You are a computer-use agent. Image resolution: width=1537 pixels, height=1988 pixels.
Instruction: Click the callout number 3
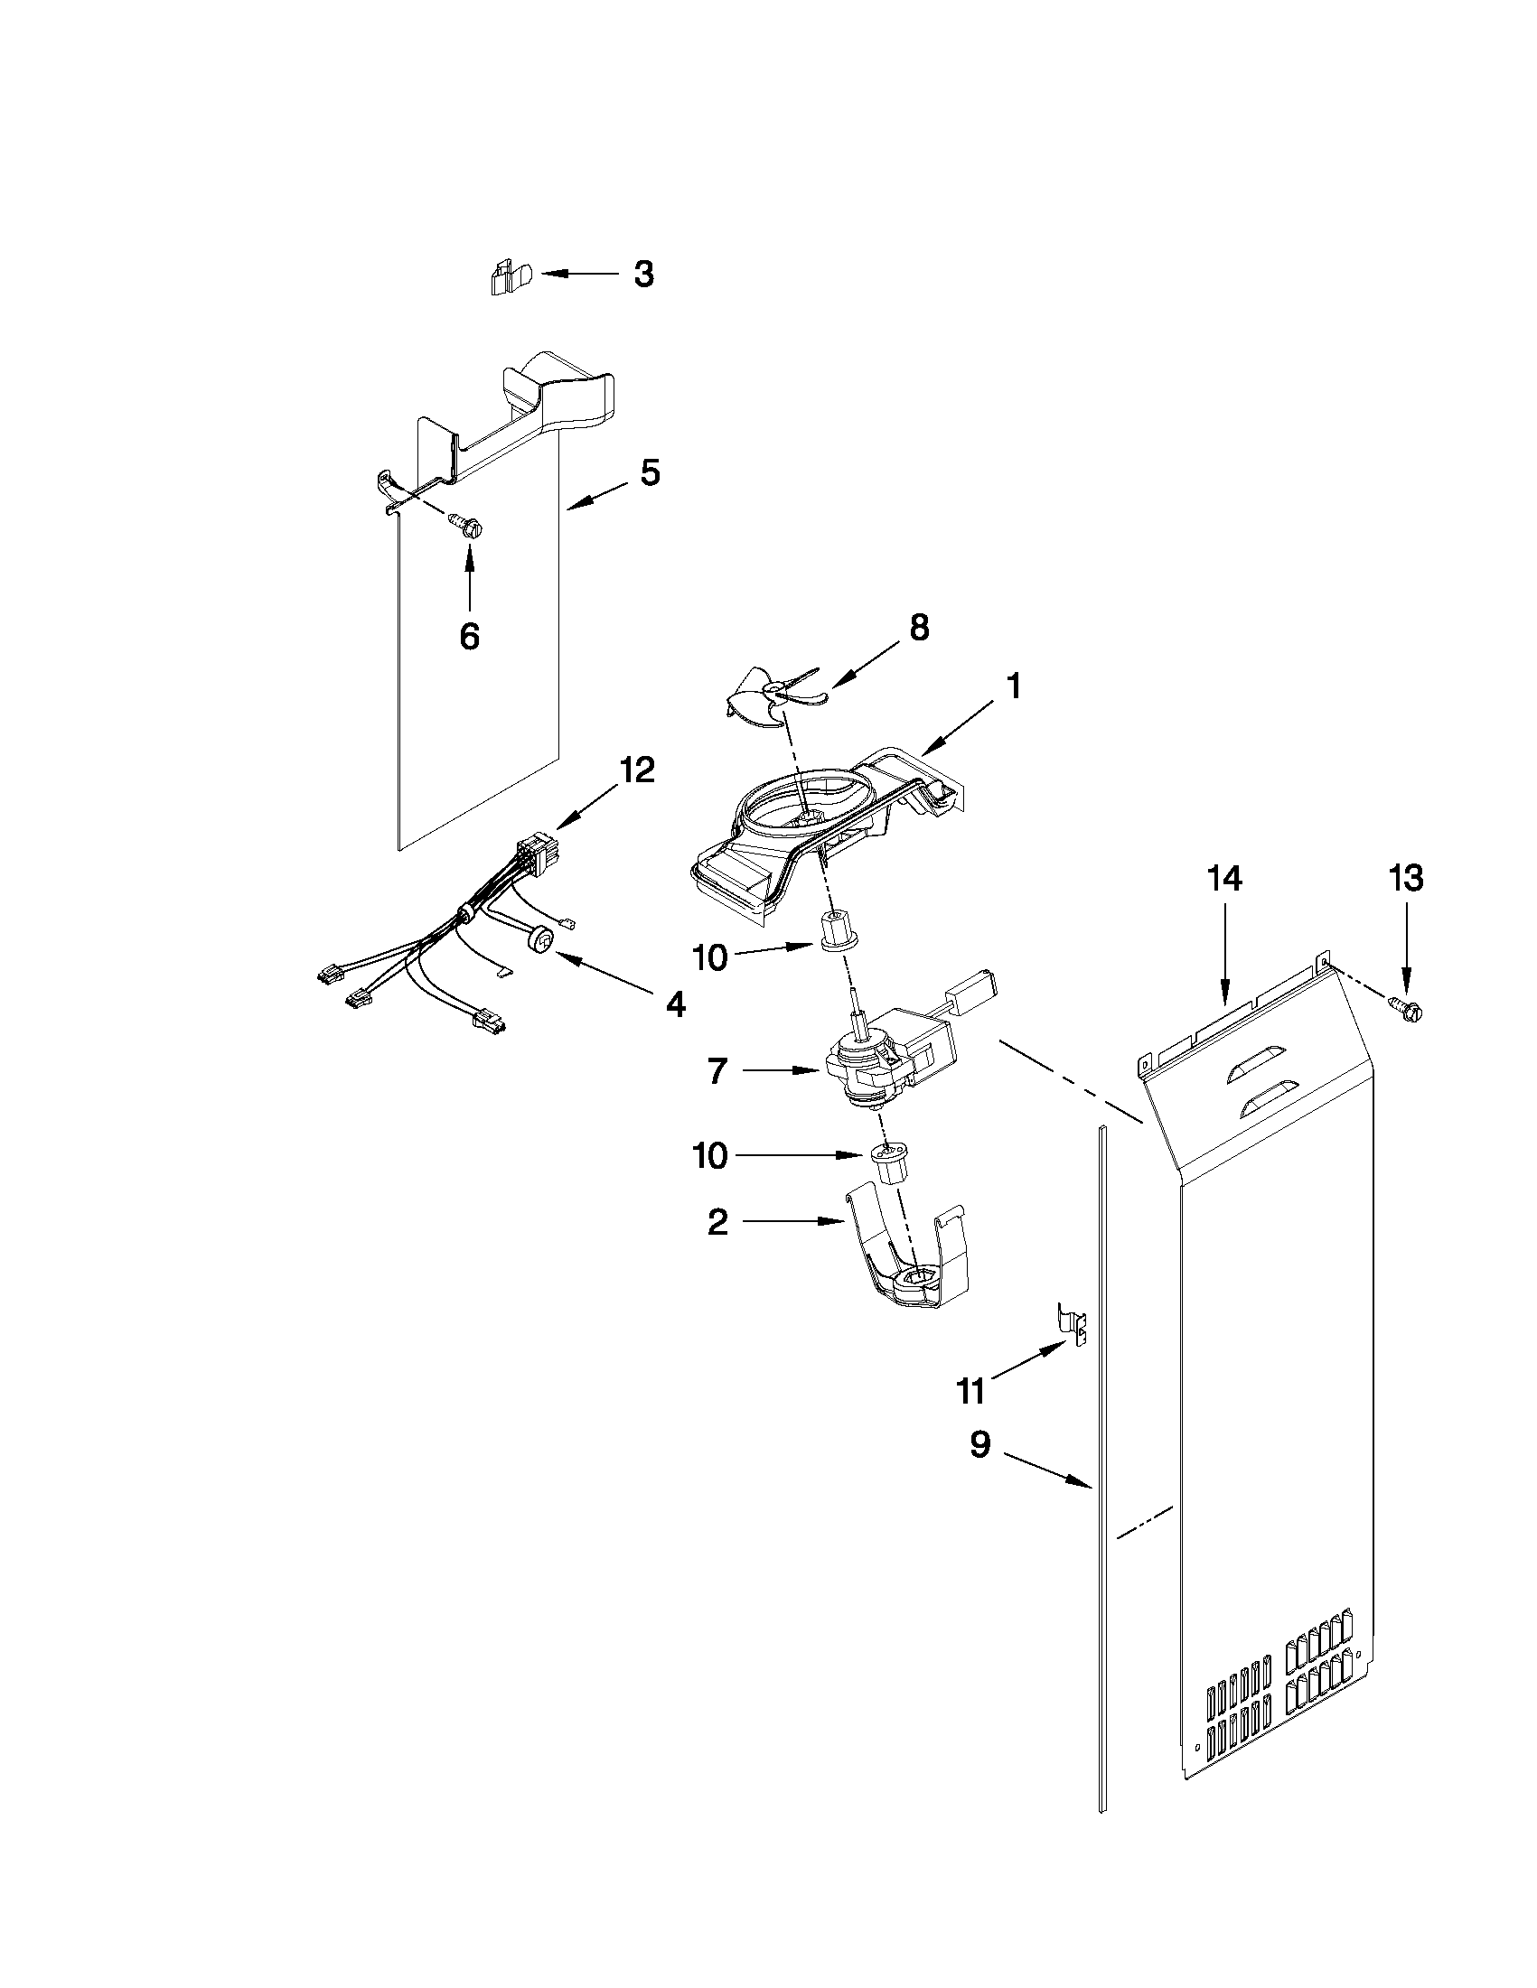pos(643,274)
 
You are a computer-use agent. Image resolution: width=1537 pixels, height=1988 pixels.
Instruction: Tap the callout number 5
pos(649,473)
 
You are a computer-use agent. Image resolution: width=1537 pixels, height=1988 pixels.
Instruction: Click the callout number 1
pos(1012,687)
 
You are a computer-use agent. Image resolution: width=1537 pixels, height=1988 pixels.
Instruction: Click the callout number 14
pos(1224,880)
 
